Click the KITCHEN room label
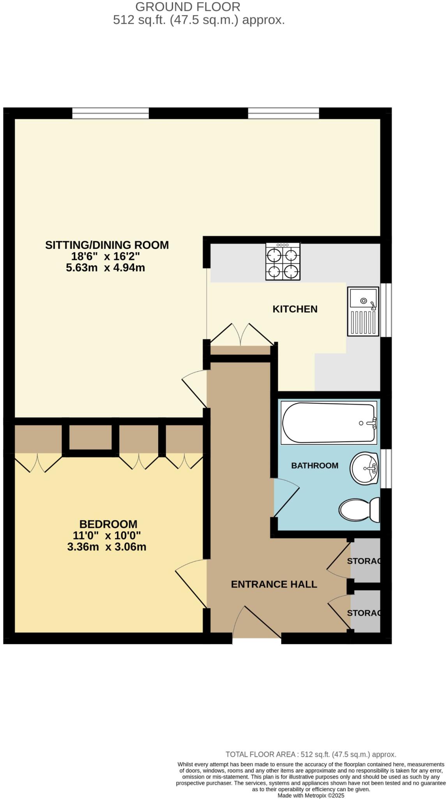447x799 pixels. (295, 309)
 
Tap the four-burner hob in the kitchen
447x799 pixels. (283, 261)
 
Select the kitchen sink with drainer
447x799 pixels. (363, 311)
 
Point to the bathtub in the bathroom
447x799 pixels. (329, 423)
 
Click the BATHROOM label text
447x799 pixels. (314, 465)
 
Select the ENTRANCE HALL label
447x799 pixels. (274, 584)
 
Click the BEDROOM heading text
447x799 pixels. (108, 524)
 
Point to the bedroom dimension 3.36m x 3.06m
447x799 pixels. (107, 547)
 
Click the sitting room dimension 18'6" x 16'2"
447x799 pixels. (105, 256)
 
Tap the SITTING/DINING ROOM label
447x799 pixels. (107, 245)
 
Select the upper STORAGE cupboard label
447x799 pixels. (363, 561)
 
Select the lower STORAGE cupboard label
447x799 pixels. (363, 613)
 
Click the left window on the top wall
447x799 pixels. (110, 113)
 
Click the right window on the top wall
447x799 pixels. (283, 113)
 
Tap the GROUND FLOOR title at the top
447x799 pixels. (188, 7)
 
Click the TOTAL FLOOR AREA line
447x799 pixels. (311, 755)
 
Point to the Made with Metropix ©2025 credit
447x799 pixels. (311, 795)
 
